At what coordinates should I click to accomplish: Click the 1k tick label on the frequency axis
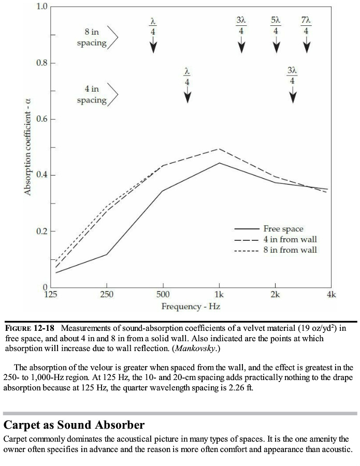pyautogui.click(x=219, y=295)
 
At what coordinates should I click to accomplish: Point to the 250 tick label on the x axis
pyautogui.click(x=107, y=295)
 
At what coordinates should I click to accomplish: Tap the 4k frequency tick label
pyautogui.click(x=332, y=295)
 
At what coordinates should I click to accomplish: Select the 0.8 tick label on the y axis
pyautogui.click(x=41, y=63)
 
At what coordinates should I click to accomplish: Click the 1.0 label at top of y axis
pyautogui.click(x=42, y=7)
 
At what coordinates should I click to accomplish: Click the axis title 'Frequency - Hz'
pyautogui.click(x=191, y=307)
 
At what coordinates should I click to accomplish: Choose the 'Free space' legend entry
pyautogui.click(x=283, y=228)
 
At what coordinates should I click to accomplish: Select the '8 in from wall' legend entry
pyautogui.click(x=290, y=250)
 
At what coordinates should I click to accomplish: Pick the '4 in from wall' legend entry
pyautogui.click(x=290, y=239)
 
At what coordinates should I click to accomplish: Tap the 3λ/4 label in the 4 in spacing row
pyautogui.click(x=293, y=76)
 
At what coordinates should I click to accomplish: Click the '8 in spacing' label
pyautogui.click(x=92, y=37)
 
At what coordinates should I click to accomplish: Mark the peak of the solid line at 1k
pyautogui.click(x=219, y=163)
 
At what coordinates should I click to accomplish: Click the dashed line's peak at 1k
pyautogui.click(x=219, y=149)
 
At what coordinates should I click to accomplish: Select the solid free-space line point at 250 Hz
pyautogui.click(x=107, y=254)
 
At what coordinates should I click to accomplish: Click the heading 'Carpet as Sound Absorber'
pyautogui.click(x=74, y=425)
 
